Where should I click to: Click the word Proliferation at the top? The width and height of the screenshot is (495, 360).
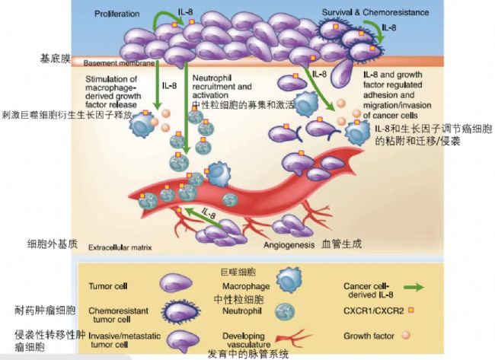click(x=119, y=14)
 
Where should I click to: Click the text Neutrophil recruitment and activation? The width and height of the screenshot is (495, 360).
click(x=224, y=88)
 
